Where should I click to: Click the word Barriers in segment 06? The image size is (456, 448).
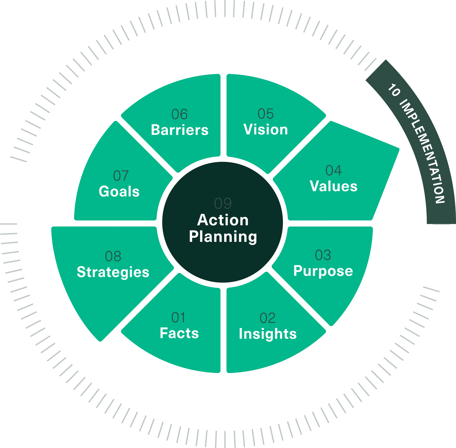click(180, 130)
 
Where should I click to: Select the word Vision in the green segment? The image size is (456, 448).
click(265, 130)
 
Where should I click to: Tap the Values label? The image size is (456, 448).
click(333, 186)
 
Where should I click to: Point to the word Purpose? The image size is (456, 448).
click(323, 271)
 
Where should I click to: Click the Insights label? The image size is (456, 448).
click(268, 334)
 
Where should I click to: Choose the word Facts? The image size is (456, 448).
click(179, 333)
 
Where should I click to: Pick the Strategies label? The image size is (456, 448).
click(113, 272)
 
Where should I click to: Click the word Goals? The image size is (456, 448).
click(119, 191)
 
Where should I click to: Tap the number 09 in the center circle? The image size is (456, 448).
click(223, 203)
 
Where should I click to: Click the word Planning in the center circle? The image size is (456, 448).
click(223, 237)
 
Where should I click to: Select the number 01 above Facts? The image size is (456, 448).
click(178, 317)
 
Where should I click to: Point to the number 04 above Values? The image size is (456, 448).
click(334, 170)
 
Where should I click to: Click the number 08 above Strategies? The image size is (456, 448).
click(113, 256)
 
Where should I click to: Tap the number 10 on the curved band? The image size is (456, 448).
click(394, 90)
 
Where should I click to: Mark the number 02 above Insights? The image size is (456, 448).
click(267, 318)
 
